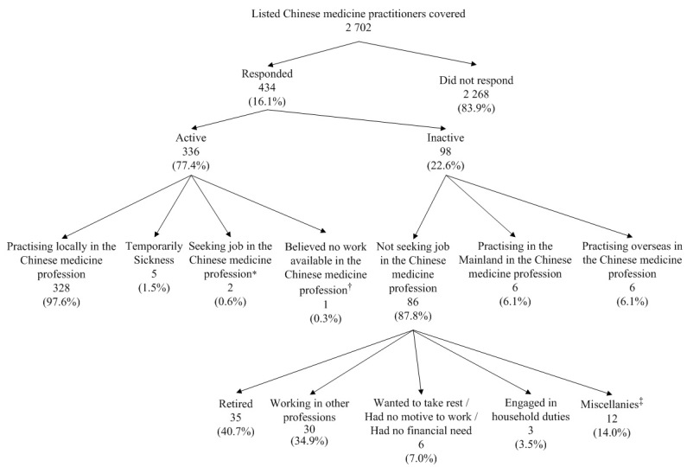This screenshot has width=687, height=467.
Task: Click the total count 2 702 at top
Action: coord(343,27)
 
